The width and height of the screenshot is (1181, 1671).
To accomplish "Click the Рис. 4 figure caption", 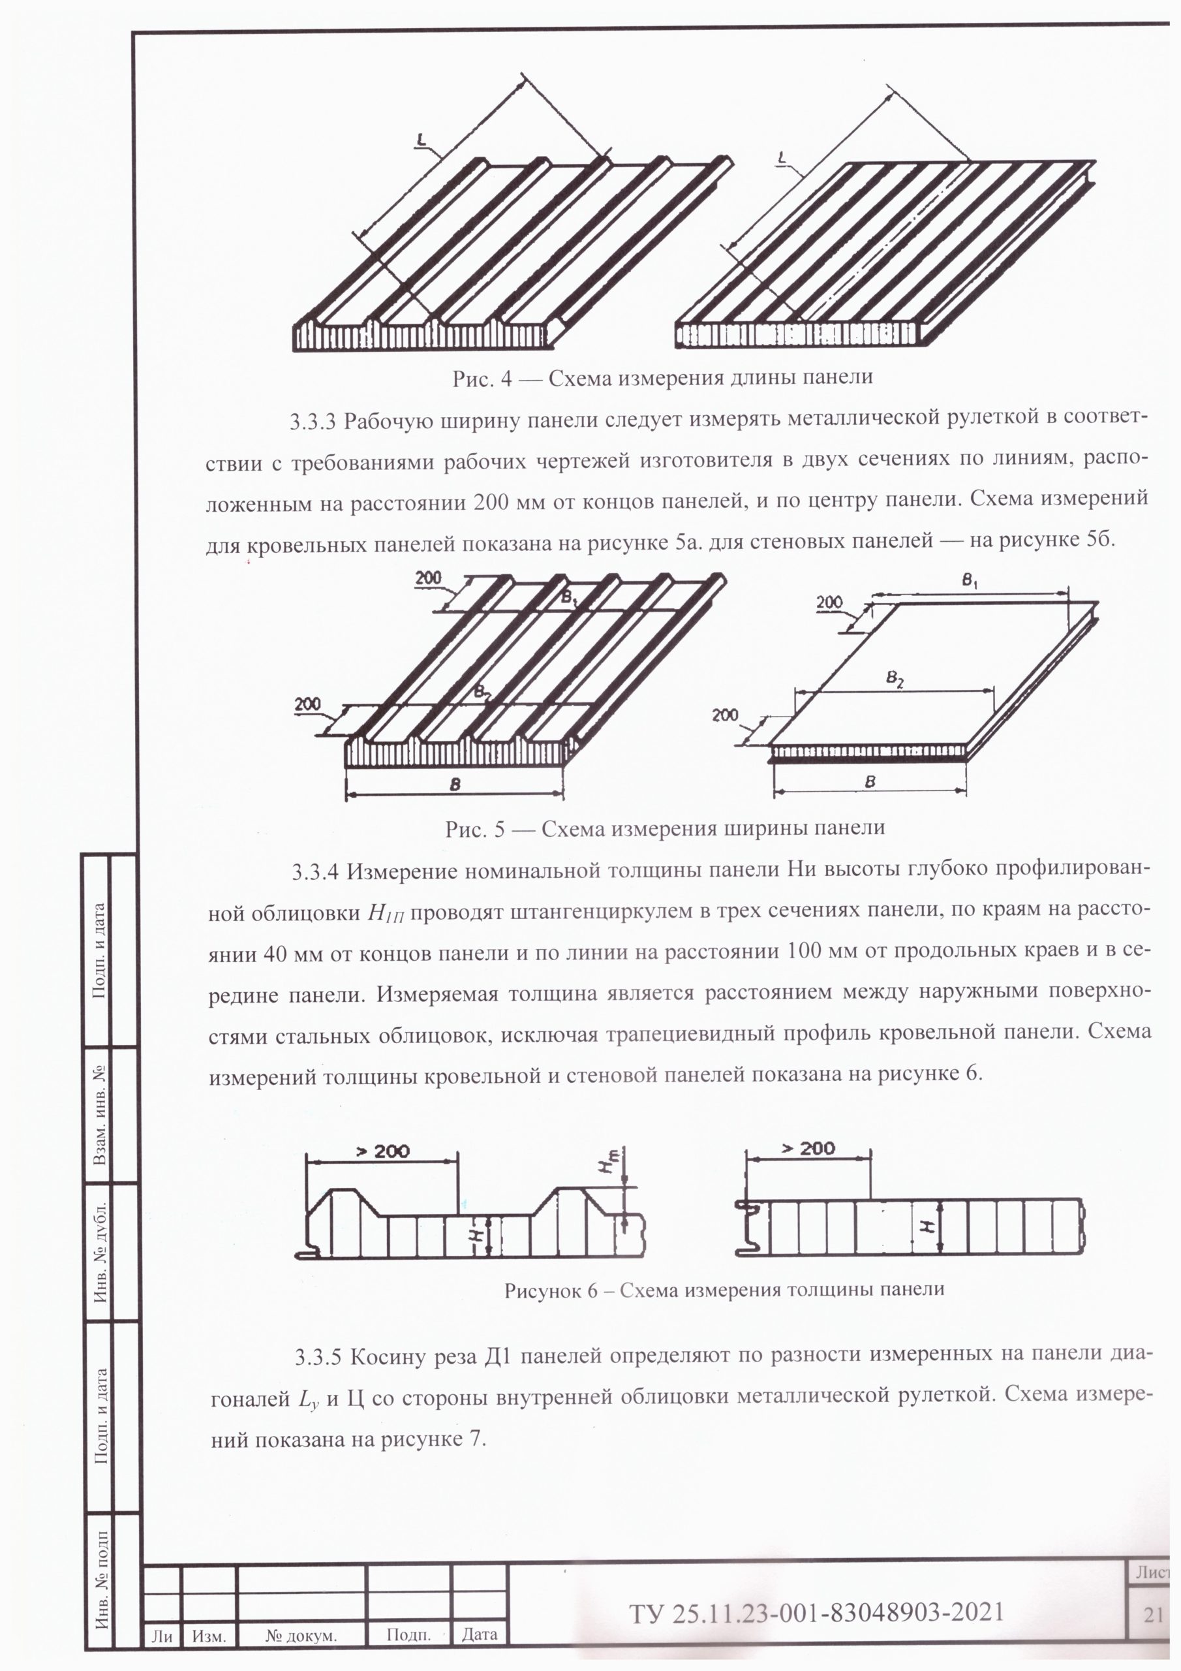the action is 662,379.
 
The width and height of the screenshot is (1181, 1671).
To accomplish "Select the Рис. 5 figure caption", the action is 665,828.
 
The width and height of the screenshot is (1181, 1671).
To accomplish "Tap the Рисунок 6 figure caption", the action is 725,1290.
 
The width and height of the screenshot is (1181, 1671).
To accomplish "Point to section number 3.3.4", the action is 316,872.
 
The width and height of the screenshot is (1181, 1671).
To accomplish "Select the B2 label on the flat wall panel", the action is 895,678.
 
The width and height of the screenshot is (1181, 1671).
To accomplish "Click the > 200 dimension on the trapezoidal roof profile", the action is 383,1151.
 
